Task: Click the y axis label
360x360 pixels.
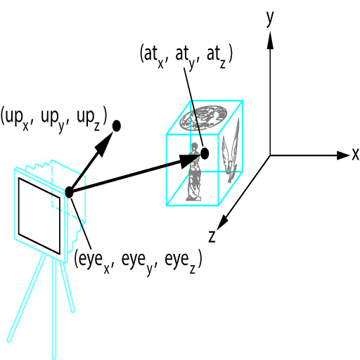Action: (270, 19)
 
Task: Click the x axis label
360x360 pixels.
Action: (355, 155)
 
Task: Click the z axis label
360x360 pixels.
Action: (212, 237)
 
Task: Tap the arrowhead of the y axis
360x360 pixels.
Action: (270, 40)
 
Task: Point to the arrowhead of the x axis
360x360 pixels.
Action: (343, 155)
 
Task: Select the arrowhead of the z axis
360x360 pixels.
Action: (223, 221)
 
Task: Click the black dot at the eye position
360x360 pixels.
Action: (69, 193)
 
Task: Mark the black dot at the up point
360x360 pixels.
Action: (117, 126)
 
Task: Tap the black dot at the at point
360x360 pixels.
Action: (205, 153)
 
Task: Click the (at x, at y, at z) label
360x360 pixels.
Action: (186, 56)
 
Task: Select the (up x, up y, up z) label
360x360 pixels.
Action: (54, 118)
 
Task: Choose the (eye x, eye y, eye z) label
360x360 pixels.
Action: (138, 262)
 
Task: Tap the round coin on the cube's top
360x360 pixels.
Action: (203, 117)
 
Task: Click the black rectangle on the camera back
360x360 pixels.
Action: (39, 216)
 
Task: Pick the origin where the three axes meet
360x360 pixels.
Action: (270, 155)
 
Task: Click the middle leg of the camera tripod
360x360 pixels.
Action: (54, 309)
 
